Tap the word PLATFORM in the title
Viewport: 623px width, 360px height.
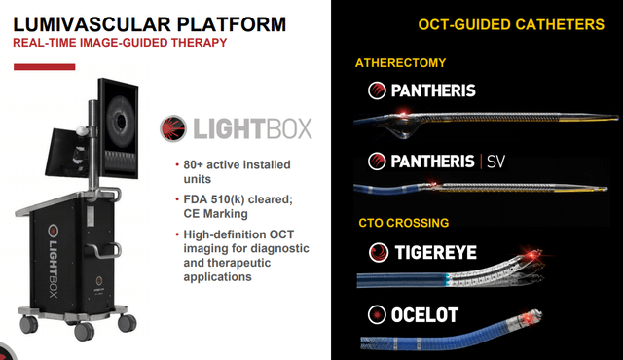point(232,24)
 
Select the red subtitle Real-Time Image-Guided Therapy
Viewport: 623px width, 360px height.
point(120,43)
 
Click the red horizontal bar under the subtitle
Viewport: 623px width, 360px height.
point(44,67)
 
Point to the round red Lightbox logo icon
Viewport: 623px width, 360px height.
point(173,128)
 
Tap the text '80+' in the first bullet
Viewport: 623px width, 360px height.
point(193,164)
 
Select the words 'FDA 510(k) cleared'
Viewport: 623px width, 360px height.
point(238,199)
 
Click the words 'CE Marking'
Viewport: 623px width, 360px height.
point(215,213)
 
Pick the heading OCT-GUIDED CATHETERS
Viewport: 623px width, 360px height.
point(511,24)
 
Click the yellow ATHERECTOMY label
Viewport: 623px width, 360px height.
point(400,63)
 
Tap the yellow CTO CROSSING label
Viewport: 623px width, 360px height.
point(404,223)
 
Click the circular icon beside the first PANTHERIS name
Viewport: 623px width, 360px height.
point(377,90)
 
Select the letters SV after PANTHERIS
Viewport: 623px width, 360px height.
point(495,162)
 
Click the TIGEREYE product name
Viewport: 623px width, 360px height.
point(435,252)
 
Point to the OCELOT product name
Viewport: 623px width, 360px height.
point(424,315)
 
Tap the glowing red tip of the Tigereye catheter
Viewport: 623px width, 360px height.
point(531,254)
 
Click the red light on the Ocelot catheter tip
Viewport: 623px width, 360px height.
point(528,318)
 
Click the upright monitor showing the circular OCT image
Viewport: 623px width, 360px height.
point(119,129)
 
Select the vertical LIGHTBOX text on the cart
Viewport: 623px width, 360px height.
point(54,261)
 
